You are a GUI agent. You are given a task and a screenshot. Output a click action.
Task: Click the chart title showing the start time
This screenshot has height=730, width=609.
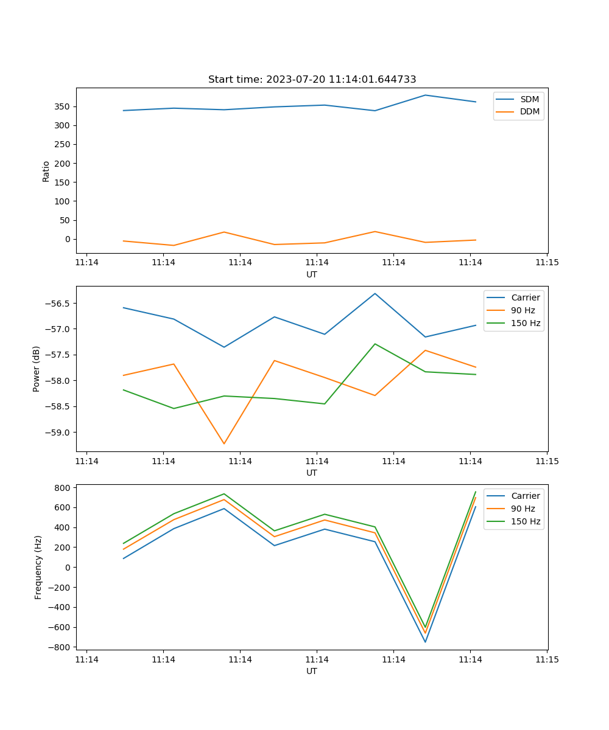[x=312, y=80]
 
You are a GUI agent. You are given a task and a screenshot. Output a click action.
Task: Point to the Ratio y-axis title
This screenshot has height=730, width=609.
[x=46, y=170]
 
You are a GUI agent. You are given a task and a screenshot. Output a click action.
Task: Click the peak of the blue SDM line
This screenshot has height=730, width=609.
[x=425, y=95]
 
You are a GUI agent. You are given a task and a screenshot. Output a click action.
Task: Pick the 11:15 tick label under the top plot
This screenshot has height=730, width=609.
[x=547, y=263]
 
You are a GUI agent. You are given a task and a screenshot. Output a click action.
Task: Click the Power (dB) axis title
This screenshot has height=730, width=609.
[x=37, y=369]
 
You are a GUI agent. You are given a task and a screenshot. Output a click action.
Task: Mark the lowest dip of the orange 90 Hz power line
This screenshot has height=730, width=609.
[x=224, y=443]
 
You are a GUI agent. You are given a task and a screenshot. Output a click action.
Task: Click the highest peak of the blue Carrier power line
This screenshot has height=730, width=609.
[x=375, y=293]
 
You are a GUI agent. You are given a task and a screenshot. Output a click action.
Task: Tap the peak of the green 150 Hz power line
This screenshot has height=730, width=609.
[x=375, y=344]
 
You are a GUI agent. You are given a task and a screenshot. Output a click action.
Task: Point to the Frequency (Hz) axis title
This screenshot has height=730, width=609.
[x=38, y=567]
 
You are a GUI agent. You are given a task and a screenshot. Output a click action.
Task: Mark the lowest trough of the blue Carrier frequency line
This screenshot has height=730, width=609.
[x=425, y=642]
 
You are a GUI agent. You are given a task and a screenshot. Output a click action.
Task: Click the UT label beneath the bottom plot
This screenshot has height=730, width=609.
[x=312, y=671]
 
